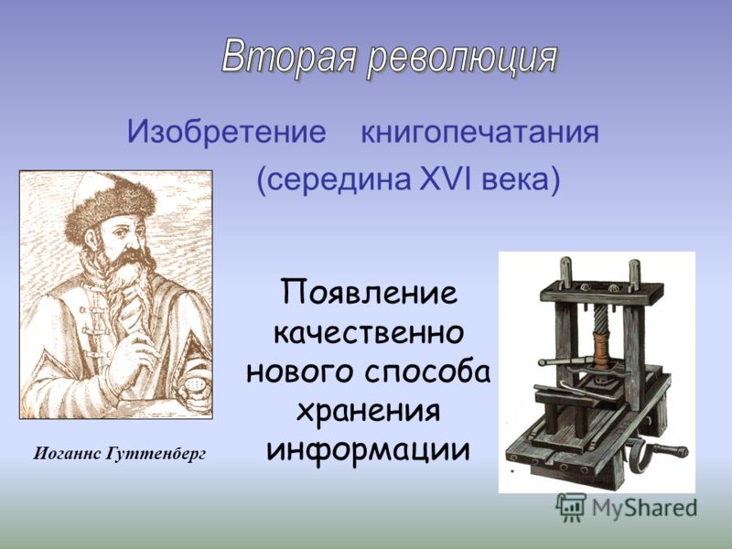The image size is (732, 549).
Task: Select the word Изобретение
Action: point(226,132)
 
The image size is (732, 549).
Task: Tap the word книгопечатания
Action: point(479,133)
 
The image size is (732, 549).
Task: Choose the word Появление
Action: point(369,293)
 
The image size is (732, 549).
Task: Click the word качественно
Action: point(369,332)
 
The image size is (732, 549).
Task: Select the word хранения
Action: point(369,412)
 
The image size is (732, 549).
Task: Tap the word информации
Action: point(369,451)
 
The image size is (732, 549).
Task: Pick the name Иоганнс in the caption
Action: point(67,453)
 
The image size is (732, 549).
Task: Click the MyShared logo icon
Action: point(571,507)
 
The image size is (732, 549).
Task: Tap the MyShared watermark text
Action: point(644,508)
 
